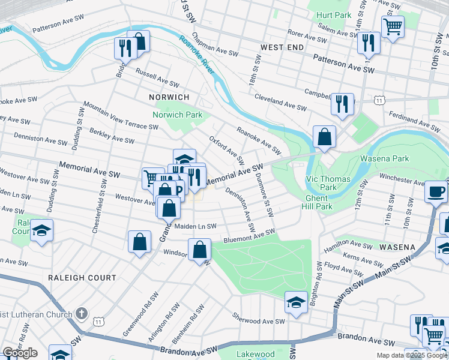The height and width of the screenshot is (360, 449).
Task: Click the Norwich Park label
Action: pos(178,115)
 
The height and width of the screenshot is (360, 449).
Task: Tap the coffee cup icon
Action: pos(436,191)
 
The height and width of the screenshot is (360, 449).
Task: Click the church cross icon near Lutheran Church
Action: pos(82,313)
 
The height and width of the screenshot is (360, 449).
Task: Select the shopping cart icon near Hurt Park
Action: pos(393,25)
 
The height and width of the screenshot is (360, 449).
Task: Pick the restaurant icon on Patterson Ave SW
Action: pos(368,42)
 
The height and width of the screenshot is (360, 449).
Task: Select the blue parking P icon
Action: pos(178,190)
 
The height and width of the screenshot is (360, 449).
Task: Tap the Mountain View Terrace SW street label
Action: pos(121,115)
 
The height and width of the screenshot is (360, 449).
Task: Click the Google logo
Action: pos(20,353)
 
